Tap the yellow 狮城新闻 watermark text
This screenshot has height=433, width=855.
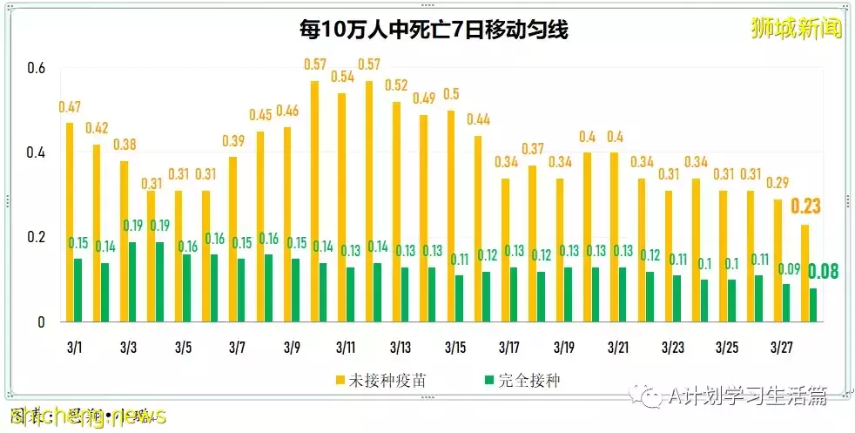[x=796, y=30]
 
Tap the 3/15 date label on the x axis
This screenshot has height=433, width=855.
[x=454, y=348]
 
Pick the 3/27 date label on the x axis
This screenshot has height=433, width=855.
[x=781, y=348]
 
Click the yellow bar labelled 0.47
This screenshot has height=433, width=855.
[x=70, y=222]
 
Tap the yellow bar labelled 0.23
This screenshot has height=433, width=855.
[x=804, y=273]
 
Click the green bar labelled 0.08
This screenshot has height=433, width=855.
[x=813, y=305]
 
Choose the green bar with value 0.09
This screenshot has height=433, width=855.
[x=786, y=302]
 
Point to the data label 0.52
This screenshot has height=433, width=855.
[x=396, y=85]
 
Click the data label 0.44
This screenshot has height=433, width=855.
[x=478, y=119]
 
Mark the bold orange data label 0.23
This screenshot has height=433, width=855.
[x=805, y=206]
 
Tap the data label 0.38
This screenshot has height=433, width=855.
[x=125, y=145]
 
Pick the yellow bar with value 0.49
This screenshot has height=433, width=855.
[x=423, y=218]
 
